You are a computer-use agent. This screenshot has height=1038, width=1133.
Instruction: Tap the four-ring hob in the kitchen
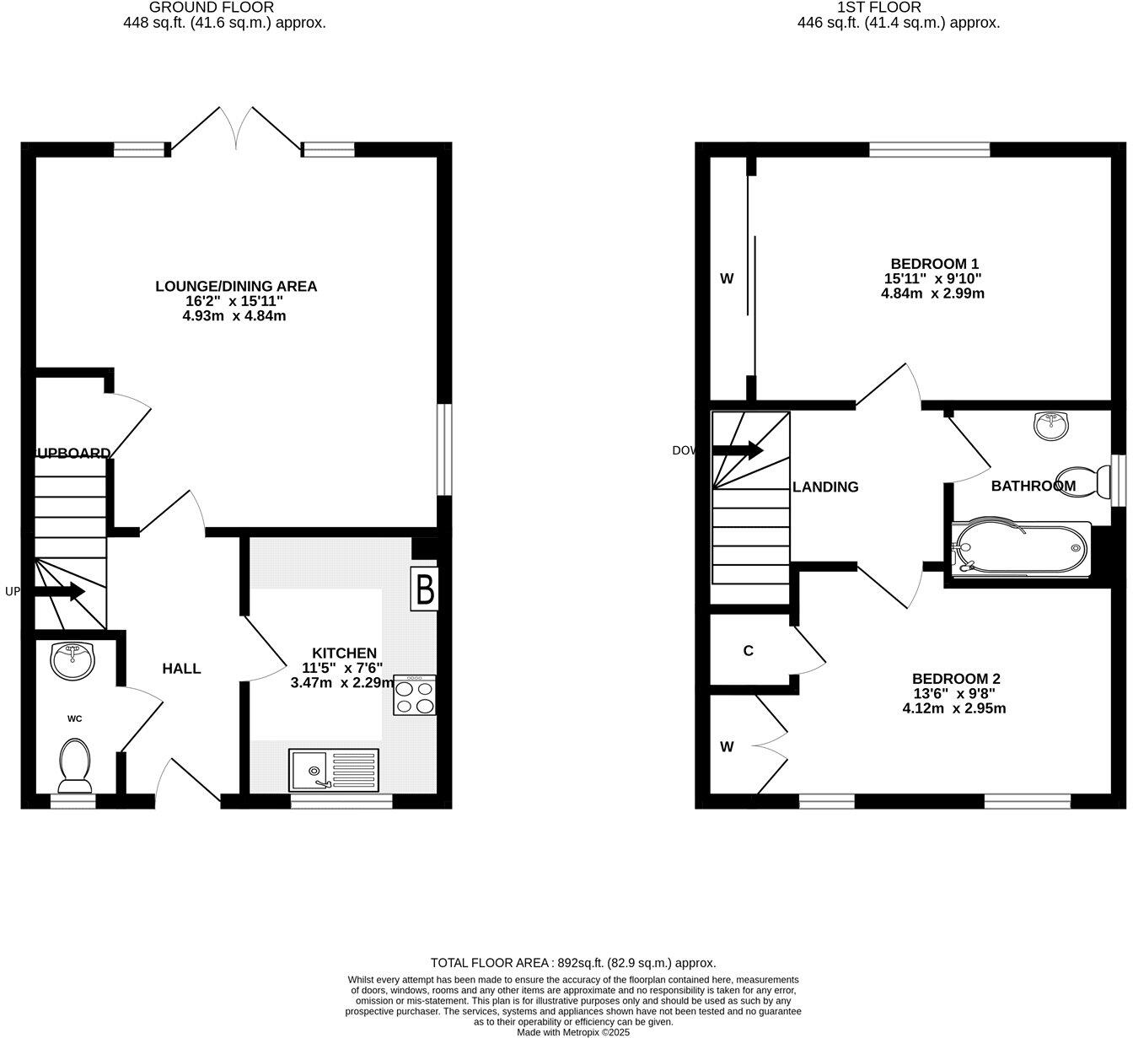pyautogui.click(x=414, y=696)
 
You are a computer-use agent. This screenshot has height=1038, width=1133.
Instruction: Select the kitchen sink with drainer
pyautogui.click(x=334, y=770)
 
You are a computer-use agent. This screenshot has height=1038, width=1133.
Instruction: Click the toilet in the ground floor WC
pyautogui.click(x=74, y=765)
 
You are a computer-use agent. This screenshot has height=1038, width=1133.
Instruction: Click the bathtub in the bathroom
pyautogui.click(x=1020, y=549)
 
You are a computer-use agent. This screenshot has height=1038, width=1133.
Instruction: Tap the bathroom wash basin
pyautogui.click(x=1050, y=425)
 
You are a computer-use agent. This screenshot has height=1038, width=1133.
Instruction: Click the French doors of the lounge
pyautogui.click(x=235, y=131)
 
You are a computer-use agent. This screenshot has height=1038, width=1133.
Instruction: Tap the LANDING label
pyautogui.click(x=825, y=487)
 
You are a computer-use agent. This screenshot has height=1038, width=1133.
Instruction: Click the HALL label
pyautogui.click(x=181, y=669)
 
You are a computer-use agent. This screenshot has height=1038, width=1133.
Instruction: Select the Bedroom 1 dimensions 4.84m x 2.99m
pyautogui.click(x=932, y=293)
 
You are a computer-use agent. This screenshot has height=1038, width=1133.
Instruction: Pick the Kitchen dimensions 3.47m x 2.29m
pyautogui.click(x=342, y=683)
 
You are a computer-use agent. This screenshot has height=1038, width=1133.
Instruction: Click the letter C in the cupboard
pyautogui.click(x=748, y=651)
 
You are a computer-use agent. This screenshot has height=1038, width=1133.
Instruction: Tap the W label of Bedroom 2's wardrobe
pyautogui.click(x=727, y=746)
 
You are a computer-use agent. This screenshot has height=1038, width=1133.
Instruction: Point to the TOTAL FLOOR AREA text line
pyautogui.click(x=573, y=962)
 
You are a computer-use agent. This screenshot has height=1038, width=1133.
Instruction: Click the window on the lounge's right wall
pyautogui.click(x=444, y=450)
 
